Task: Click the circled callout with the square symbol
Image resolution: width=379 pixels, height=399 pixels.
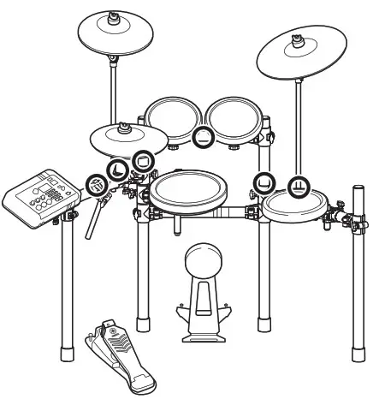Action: click(143, 160)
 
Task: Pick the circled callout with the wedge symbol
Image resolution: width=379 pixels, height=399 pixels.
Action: click(117, 168)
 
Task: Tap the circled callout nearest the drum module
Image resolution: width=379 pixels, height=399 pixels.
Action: click(97, 183)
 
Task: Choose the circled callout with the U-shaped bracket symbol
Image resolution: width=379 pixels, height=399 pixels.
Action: click(264, 182)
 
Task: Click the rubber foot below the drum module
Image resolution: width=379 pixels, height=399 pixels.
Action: click(62, 353)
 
